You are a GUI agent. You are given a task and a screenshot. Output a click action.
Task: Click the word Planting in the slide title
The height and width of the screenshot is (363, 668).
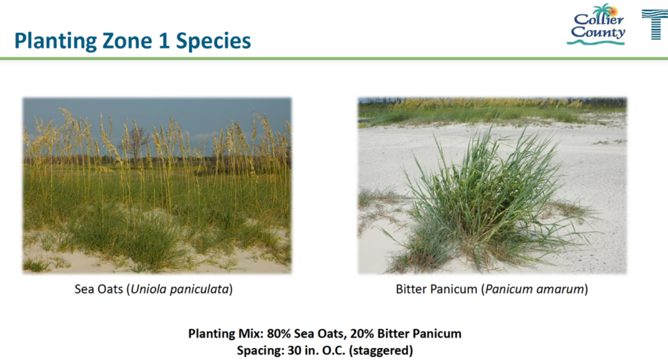click(x=55, y=41)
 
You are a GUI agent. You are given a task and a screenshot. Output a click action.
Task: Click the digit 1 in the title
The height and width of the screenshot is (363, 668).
click(x=164, y=40)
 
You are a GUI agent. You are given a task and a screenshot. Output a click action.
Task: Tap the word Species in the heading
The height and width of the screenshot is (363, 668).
click(x=213, y=41)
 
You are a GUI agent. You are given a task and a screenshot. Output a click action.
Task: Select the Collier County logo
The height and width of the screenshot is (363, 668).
click(x=596, y=25)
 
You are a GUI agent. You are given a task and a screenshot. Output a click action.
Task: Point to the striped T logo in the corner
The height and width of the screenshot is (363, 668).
click(x=655, y=25)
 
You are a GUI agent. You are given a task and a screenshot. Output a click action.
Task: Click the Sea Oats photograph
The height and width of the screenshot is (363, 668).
click(x=157, y=185)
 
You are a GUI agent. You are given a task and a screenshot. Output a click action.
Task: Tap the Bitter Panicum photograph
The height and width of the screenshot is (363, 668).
click(x=492, y=185)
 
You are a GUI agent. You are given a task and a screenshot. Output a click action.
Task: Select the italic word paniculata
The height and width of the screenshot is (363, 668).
click(x=200, y=290)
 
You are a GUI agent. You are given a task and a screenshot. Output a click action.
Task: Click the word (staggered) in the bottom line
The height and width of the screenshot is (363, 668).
click(x=381, y=351)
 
